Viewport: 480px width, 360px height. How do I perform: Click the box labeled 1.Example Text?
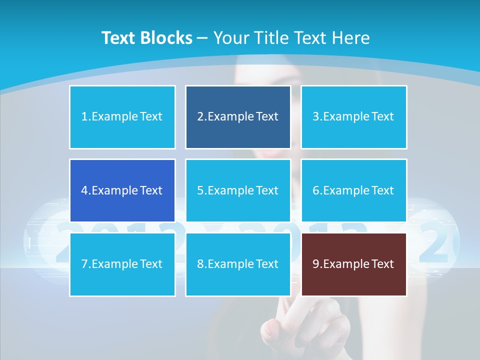coord(122,117)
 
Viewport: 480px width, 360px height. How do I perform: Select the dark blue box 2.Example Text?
coord(238,117)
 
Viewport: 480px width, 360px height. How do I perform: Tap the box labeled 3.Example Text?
coord(353,117)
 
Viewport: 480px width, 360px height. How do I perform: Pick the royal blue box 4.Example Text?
coord(122,190)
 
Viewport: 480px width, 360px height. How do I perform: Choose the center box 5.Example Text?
coord(238,190)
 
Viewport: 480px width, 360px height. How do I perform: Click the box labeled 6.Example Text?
coord(353,190)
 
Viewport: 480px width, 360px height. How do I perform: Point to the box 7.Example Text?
coord(122,264)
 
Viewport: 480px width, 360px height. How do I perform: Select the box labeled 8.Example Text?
coord(238,264)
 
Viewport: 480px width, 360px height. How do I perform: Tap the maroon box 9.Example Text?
coord(353,264)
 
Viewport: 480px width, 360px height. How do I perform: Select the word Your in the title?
coord(231,38)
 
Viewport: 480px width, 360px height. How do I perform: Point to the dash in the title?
coord(202,38)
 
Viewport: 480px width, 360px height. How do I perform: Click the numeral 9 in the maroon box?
coord(316,264)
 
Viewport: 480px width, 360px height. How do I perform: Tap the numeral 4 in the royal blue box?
coord(84,190)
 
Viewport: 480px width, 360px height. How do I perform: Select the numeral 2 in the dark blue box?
coord(200,117)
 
